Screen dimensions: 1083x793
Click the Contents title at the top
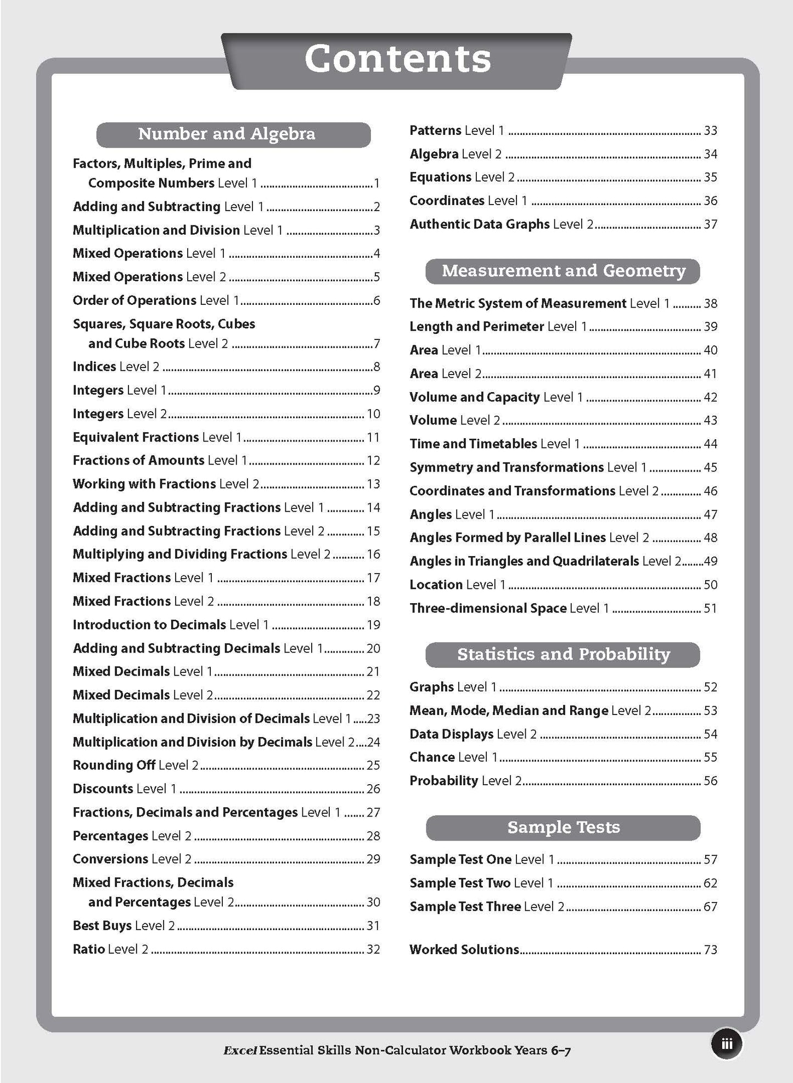coord(397,59)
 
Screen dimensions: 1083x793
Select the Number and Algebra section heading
coord(227,134)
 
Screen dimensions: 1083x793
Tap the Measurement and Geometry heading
coord(563,271)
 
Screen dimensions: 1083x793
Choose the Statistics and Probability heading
coord(563,654)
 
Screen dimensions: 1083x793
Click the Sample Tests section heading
coord(563,827)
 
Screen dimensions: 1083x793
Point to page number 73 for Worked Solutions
coord(710,949)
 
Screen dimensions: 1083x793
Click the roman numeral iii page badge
coord(727,1044)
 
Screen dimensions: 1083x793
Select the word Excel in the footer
coord(240,1051)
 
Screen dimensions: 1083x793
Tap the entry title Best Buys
coord(102,926)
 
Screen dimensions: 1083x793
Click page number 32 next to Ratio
coord(373,949)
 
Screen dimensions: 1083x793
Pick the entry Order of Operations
coord(134,300)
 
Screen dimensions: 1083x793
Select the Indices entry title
coord(94,366)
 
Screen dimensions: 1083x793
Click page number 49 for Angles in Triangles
coord(710,561)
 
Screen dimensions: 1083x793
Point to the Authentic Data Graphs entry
coord(479,224)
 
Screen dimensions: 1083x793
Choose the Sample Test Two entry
coord(460,883)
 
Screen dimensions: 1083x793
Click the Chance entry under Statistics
coord(432,757)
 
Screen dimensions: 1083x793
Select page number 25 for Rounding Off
coord(373,765)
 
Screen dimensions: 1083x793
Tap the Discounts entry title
coord(103,789)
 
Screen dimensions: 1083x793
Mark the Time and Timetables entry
coord(473,444)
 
